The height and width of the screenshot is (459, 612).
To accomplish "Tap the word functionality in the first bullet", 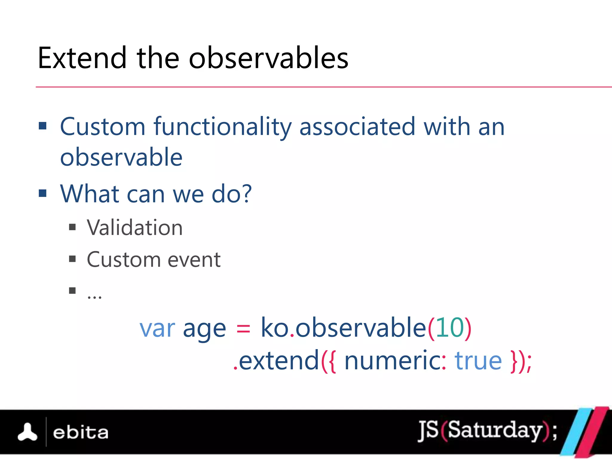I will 222,127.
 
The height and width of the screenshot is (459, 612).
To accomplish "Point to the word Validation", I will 134,228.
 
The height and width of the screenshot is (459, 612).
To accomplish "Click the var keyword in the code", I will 157,329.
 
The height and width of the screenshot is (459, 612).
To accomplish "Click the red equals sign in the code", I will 243,329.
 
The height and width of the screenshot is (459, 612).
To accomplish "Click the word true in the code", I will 478,361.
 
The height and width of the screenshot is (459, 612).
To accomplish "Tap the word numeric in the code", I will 392,361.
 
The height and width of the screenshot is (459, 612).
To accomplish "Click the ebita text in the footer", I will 80,433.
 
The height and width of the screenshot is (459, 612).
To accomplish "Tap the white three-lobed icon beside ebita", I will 27,432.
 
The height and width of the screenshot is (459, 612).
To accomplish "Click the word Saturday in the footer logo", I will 495,430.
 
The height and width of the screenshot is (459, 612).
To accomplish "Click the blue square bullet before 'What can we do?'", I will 43,193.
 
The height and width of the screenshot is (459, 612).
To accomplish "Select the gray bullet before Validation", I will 72,227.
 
